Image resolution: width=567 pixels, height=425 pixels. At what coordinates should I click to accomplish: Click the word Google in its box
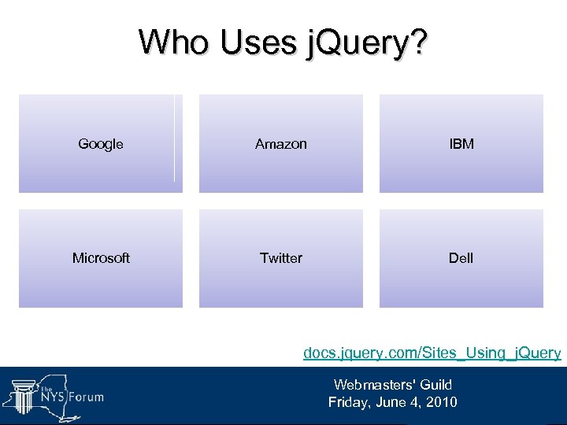coord(101,144)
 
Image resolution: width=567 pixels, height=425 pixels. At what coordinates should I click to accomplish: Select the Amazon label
coord(281,144)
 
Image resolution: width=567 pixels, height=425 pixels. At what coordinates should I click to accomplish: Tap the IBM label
coord(461,144)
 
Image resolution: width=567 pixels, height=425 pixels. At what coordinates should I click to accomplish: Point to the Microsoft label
coord(101,258)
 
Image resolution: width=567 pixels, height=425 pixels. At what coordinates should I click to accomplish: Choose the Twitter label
coord(281,258)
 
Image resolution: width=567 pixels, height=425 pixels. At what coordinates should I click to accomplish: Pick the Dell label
coord(461,258)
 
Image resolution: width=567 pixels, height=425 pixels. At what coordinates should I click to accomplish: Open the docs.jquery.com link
coord(432,353)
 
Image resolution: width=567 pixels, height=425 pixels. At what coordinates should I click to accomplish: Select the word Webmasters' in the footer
coord(370,385)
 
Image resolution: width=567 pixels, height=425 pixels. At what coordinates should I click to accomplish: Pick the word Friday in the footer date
coord(348,402)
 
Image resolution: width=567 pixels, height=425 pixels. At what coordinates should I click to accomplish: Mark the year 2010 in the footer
coord(441,402)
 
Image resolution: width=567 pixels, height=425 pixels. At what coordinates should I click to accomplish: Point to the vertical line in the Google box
coord(174,139)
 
